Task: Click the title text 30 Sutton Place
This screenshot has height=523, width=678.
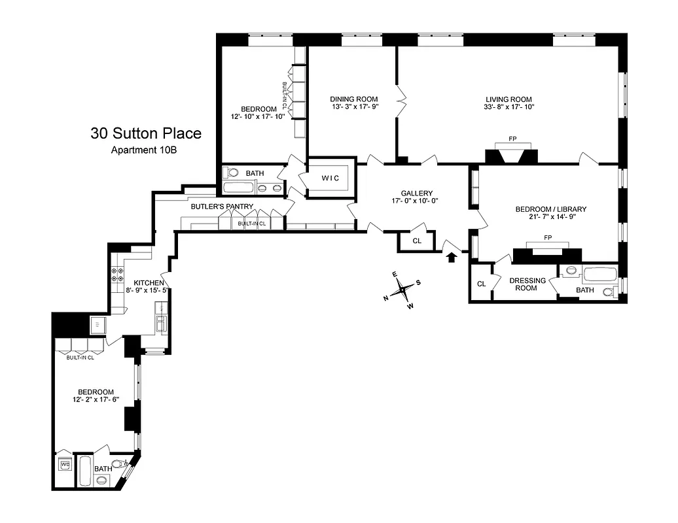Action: (x=145, y=134)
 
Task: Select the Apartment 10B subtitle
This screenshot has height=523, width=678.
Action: (x=145, y=150)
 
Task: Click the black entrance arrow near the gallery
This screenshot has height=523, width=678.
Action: (x=451, y=257)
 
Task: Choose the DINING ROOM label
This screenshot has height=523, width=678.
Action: (x=353, y=99)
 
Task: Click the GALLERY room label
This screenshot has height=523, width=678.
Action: (x=418, y=194)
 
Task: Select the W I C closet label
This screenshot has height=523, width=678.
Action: (x=333, y=178)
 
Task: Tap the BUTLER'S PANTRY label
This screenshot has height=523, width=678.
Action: (x=222, y=207)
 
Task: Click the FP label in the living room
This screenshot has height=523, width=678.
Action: (x=512, y=139)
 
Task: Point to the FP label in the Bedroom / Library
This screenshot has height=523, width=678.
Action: (x=548, y=237)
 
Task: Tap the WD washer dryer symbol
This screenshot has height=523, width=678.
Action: (x=65, y=465)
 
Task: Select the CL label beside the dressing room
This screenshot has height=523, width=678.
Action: (x=481, y=284)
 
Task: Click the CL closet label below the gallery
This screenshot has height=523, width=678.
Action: (x=418, y=241)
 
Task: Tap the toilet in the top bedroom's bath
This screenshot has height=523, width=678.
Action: (x=230, y=173)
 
